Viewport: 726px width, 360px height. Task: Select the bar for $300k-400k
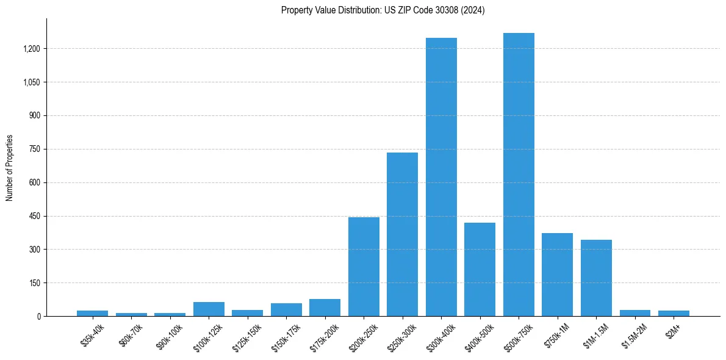coord(441,177)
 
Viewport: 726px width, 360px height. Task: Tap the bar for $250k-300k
coord(402,234)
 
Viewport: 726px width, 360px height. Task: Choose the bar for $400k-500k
coord(480,269)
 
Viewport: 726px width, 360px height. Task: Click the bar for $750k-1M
coord(557,275)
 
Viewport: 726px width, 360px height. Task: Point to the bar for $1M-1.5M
coord(596,278)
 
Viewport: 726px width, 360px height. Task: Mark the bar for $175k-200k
coord(325,308)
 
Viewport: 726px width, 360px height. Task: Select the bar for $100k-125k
coord(209,309)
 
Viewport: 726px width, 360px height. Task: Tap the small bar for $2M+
coord(674,313)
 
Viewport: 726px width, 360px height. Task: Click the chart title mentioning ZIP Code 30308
coord(383,10)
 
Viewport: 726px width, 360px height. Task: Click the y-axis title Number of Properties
coord(10,168)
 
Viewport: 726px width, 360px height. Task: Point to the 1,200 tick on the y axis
coord(32,49)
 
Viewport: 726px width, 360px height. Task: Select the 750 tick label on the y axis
coord(35,149)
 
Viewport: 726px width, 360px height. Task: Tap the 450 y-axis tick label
coord(35,216)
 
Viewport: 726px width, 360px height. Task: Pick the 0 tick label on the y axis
coord(38,316)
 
